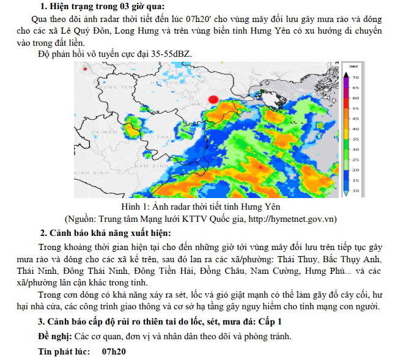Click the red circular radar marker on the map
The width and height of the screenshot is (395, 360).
pos(213,99)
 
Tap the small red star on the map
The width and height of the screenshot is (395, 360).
pos(86,71)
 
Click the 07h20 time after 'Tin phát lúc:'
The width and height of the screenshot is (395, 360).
pos(114,351)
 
